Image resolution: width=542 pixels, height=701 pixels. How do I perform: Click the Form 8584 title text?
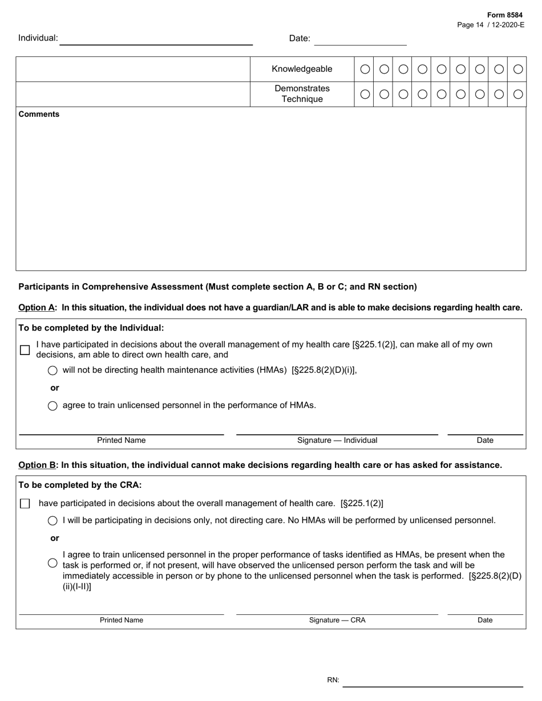504,15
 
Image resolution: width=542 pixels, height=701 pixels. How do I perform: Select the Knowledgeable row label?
302,69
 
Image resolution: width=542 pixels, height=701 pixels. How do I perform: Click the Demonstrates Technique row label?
302,93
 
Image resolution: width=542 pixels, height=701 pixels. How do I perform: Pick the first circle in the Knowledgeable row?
365,69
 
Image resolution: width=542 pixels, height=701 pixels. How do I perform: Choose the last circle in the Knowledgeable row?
517,69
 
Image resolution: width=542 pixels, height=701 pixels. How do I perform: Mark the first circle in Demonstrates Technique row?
365,94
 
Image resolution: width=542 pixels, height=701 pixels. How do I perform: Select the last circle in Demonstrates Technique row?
517,94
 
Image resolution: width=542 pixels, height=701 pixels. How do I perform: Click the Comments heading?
39,114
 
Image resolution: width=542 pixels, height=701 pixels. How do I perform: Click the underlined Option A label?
37,307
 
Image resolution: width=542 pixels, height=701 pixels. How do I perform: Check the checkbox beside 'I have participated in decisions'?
25,350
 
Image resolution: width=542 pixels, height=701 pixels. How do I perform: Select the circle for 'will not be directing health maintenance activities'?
52,370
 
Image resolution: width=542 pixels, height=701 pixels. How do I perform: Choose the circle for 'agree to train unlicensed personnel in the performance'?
52,406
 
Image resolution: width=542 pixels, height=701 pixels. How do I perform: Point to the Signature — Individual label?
337,440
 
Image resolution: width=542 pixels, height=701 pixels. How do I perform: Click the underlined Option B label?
37,465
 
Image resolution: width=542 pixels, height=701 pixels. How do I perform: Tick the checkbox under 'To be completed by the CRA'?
25,503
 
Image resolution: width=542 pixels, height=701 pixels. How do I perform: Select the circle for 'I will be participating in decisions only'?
52,520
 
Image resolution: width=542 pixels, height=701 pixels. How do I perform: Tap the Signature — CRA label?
337,620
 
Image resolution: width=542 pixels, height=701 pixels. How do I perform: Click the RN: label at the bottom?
333,680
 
